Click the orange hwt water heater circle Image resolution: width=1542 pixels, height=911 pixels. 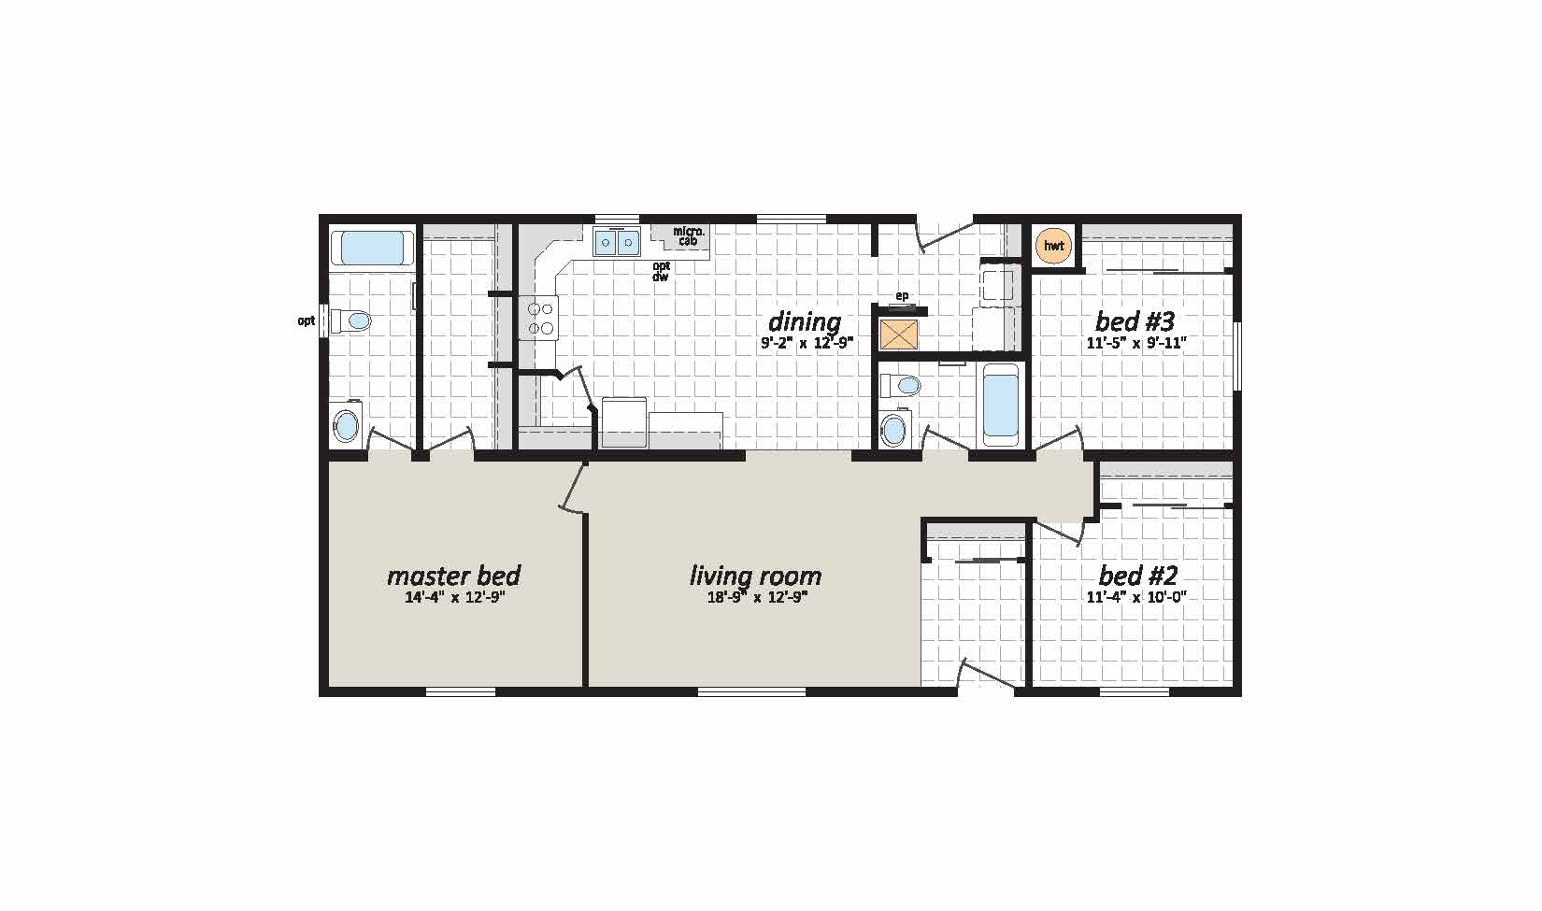[x=1053, y=246]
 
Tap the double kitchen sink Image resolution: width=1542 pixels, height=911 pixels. [x=617, y=241]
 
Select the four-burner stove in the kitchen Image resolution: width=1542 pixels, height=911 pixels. [x=538, y=318]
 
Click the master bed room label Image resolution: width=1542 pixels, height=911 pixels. [x=453, y=576]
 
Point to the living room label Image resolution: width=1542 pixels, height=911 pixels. [x=755, y=576]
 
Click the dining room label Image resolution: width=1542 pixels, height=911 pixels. [x=804, y=322]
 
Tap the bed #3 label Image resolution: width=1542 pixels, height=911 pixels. [x=1135, y=321]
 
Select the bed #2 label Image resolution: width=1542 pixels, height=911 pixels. [x=1138, y=576]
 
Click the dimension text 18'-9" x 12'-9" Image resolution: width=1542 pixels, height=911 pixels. [x=757, y=597]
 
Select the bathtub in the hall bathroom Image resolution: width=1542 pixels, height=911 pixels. [x=1000, y=406]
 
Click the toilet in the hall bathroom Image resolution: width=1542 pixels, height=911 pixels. [x=900, y=385]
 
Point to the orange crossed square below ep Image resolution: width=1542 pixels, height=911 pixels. [x=899, y=334]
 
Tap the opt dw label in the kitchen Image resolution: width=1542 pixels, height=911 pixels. [x=661, y=271]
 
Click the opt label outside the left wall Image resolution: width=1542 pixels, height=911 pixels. [x=307, y=320]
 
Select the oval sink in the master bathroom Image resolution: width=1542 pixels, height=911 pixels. [x=347, y=427]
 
